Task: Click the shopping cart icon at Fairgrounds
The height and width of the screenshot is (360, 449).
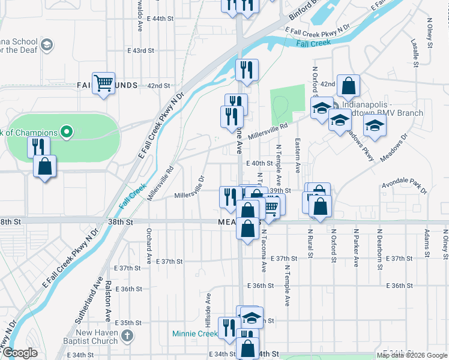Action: pos(104,83)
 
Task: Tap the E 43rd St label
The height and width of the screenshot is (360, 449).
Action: pos(141,50)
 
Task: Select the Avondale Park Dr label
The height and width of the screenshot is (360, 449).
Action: pos(404,188)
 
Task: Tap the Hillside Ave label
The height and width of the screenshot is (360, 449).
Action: pos(208,305)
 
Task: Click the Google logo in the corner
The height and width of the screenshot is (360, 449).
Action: pos(20,353)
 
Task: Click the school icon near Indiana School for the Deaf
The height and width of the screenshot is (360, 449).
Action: pos(46,45)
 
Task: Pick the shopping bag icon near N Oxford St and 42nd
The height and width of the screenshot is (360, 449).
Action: pos(348,86)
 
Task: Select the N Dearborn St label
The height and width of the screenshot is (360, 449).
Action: pos(379,243)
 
